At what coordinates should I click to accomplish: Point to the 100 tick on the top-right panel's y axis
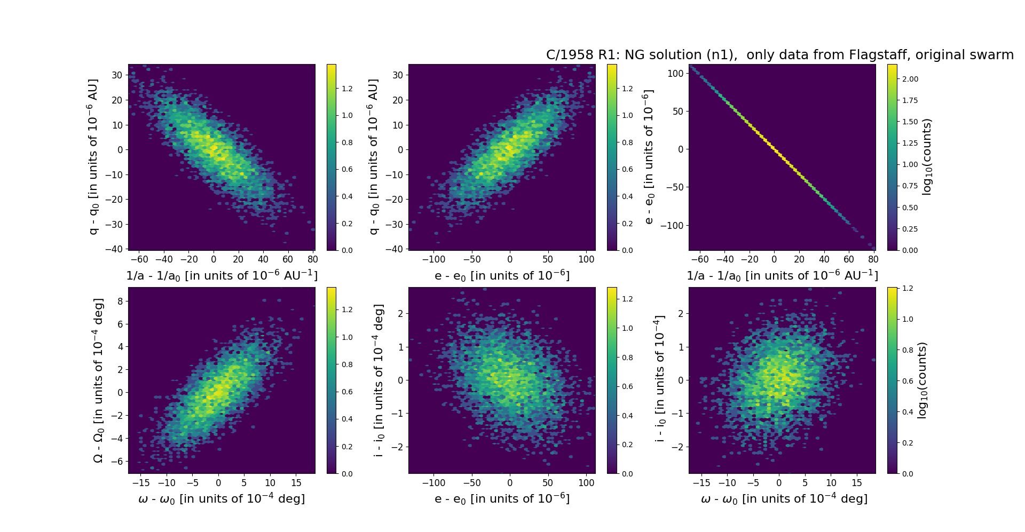click(675, 74)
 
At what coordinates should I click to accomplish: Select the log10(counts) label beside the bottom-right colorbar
click(922, 380)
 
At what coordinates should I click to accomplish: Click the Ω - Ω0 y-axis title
click(98, 380)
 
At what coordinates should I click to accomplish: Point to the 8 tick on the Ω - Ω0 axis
click(120, 301)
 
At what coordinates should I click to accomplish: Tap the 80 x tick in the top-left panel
click(313, 259)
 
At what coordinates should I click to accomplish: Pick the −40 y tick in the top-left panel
click(115, 249)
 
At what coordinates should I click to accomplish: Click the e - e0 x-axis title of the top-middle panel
click(502, 276)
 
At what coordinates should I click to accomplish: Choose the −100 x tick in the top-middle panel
click(433, 259)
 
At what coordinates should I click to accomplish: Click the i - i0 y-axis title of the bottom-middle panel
click(379, 380)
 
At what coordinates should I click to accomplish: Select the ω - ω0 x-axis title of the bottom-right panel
click(784, 499)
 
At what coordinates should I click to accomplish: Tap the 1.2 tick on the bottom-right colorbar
click(907, 289)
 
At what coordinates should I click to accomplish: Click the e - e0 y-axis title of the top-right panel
click(649, 157)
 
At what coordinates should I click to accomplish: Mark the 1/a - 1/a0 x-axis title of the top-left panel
click(222, 276)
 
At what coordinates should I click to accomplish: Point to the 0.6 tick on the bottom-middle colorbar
click(627, 386)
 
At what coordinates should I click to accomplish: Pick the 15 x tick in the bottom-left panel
click(296, 483)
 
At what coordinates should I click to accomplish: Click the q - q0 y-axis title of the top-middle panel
click(373, 157)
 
